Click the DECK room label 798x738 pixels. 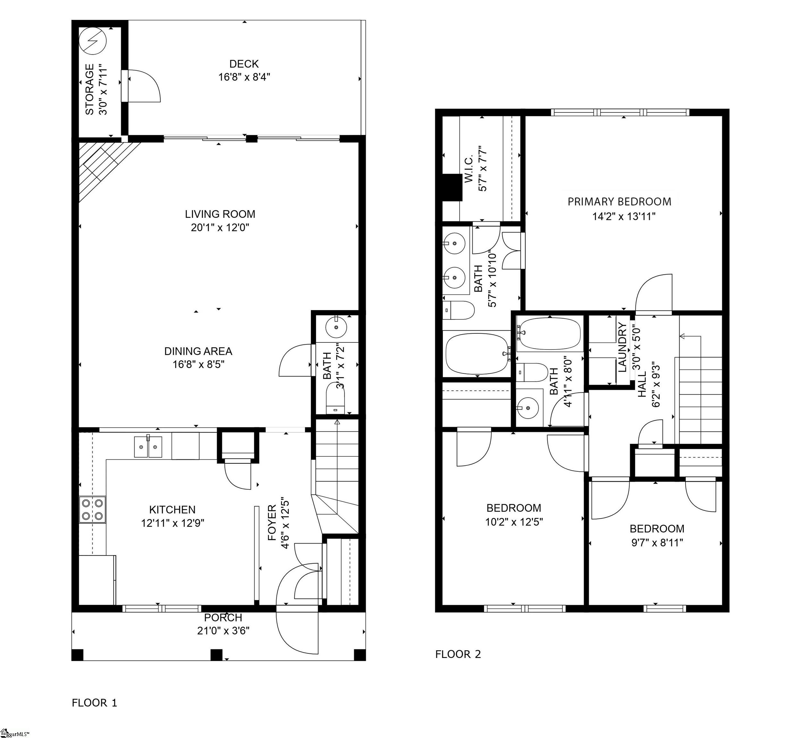(244, 63)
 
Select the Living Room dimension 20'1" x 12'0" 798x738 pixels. (220, 228)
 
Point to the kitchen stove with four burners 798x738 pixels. (92, 509)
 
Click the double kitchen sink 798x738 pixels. (148, 447)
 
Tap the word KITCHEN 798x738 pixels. (172, 510)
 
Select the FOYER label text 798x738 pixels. (272, 523)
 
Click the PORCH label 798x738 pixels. (223, 617)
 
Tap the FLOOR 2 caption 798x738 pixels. (458, 654)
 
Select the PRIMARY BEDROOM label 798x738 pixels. (619, 202)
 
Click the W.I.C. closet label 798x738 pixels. (469, 169)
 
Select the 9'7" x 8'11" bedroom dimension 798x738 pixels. (657, 543)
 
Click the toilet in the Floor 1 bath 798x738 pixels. (335, 398)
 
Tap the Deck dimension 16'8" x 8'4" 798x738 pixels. (244, 77)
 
